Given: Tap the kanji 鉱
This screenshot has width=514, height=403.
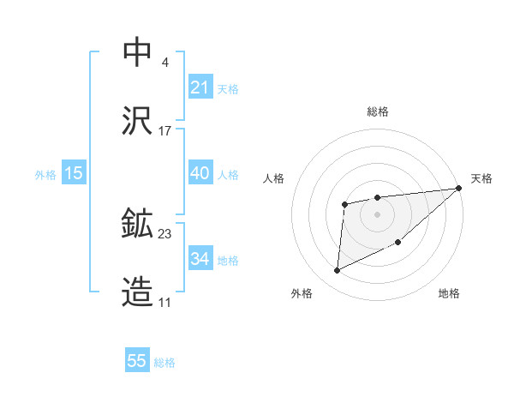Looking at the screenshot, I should (x=138, y=224).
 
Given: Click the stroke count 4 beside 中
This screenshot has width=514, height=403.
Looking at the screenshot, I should (x=164, y=62).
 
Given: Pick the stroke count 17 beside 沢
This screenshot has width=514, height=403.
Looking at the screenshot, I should (x=165, y=131).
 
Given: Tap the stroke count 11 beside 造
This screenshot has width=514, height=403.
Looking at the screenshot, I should (x=165, y=304).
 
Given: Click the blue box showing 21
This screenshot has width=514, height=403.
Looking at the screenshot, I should (x=200, y=87).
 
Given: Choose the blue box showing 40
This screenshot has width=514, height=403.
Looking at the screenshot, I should (x=200, y=173).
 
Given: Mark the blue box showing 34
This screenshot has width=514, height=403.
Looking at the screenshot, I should (x=200, y=259).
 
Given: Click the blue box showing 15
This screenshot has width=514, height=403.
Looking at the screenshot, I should (x=74, y=173).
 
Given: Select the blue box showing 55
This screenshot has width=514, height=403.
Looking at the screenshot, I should (x=137, y=361).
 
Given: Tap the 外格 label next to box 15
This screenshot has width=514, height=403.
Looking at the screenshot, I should (x=45, y=174).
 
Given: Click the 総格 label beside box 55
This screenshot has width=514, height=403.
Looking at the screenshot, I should (x=164, y=362).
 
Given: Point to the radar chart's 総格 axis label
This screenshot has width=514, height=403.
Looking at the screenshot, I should (x=378, y=111).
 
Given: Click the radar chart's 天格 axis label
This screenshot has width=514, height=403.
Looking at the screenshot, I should (x=481, y=178).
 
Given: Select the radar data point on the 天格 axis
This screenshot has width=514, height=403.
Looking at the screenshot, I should (x=459, y=189).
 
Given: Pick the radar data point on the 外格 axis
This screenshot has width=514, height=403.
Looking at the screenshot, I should (x=337, y=271).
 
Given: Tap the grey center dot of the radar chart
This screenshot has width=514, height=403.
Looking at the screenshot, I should (x=378, y=214).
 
